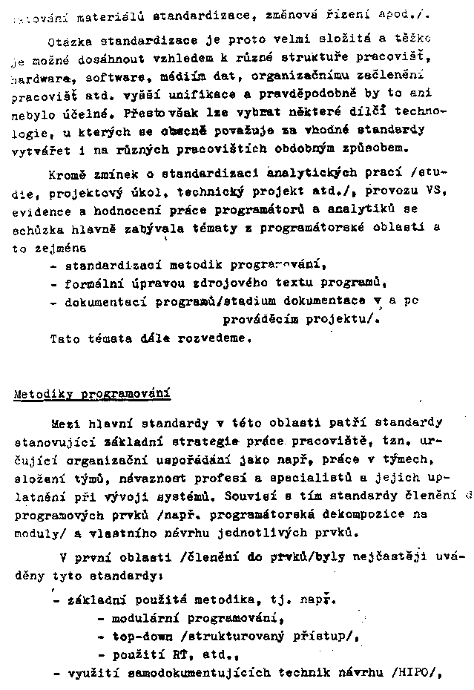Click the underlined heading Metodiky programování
click(x=92, y=393)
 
